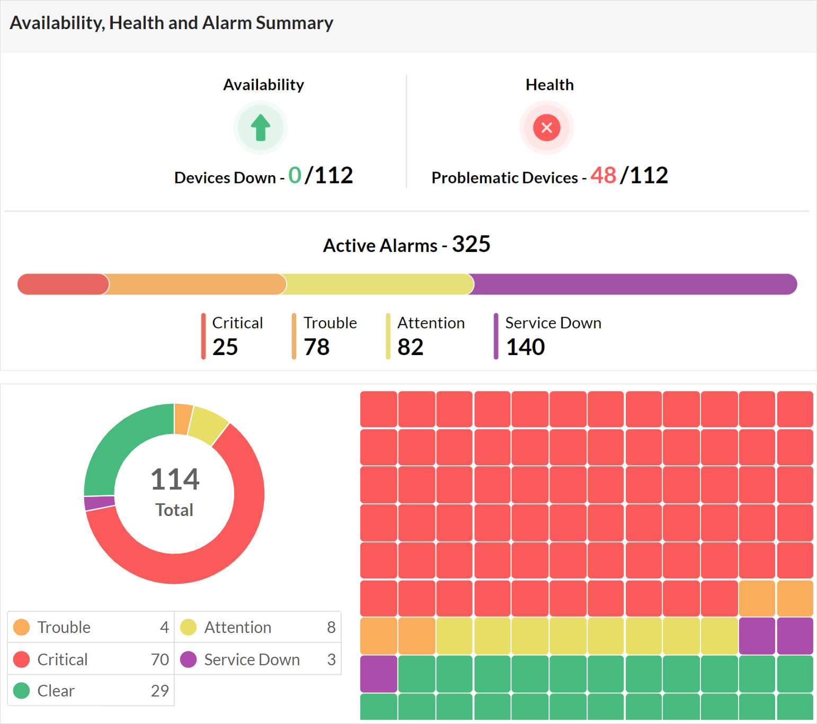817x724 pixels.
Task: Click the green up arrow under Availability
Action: [261, 128]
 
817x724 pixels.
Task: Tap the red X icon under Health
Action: [547, 128]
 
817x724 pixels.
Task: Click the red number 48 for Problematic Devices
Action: [603, 175]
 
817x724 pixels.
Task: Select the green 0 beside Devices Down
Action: [295, 175]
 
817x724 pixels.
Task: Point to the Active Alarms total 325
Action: [471, 245]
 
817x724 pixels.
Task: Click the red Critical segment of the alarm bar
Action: [63, 284]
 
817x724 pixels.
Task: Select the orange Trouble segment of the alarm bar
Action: [196, 284]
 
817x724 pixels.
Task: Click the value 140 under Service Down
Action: [526, 347]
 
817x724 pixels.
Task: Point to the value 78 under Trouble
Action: [317, 347]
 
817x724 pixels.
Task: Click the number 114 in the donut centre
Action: [175, 479]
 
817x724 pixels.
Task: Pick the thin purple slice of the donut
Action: [100, 503]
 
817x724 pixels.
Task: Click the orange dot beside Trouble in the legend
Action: [22, 627]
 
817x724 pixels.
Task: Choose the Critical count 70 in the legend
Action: [159, 659]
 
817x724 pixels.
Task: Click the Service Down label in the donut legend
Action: [252, 659]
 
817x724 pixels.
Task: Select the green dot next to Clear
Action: [22, 691]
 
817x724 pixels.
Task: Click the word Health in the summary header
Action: [549, 85]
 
